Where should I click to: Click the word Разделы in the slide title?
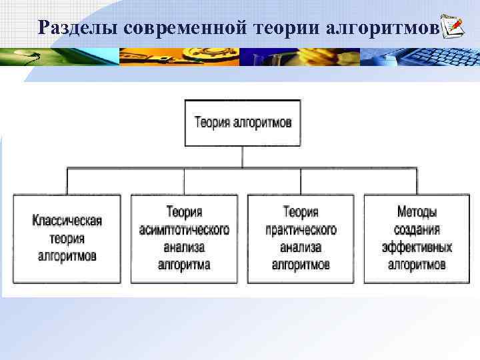[x=79, y=27]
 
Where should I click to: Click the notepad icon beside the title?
[x=453, y=26]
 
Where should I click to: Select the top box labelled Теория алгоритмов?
[x=243, y=123]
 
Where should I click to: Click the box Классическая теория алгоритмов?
[x=67, y=238]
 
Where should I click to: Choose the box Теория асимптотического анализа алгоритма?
[x=184, y=238]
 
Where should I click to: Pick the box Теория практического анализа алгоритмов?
[x=301, y=238]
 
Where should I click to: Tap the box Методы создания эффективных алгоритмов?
[x=417, y=238]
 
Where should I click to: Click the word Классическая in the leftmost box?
[x=67, y=221]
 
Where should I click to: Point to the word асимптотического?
[x=184, y=230]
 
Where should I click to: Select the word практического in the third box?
[x=301, y=230]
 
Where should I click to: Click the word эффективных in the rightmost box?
[x=417, y=247]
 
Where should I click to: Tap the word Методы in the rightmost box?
[x=417, y=213]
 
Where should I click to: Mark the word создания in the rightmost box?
[x=417, y=230]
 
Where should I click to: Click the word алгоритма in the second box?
[x=184, y=265]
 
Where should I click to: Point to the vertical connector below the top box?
[x=243, y=157]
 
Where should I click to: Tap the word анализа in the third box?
[x=301, y=247]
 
